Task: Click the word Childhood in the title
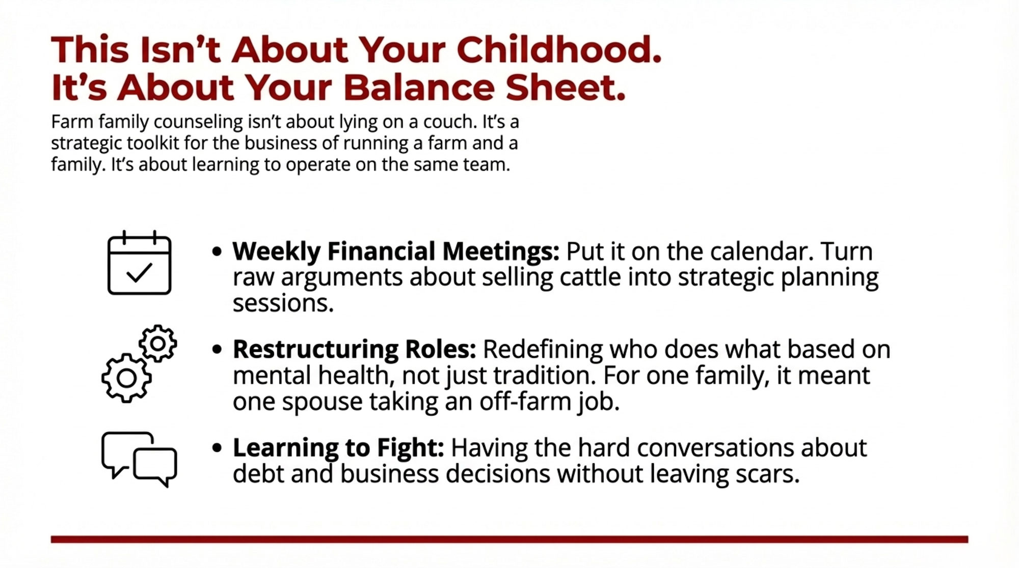559,50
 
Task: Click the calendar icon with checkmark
139,263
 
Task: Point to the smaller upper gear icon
158,344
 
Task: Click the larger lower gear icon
126,378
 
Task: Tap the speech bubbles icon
139,459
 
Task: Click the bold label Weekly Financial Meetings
396,251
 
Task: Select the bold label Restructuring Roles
354,349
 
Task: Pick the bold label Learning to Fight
338,448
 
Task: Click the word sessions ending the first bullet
283,304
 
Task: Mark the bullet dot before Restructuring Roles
217,350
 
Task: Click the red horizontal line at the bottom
509,539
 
